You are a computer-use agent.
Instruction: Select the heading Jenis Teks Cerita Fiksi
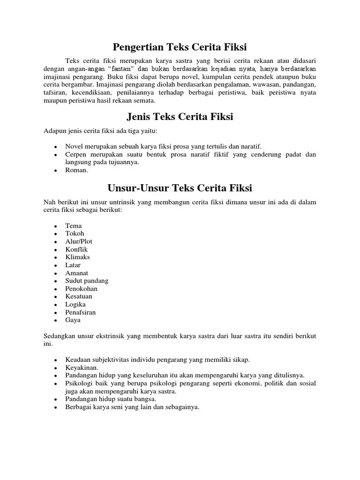pyautogui.click(x=180, y=117)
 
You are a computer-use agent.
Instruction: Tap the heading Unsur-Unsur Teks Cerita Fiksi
pyautogui.click(x=180, y=188)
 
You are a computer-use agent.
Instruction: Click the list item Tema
pyautogui.click(x=74, y=225)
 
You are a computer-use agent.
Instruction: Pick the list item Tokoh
pyautogui.click(x=75, y=233)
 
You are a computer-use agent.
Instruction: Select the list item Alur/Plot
pyautogui.click(x=79, y=241)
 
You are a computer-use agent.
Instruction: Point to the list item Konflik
pyautogui.click(x=77, y=249)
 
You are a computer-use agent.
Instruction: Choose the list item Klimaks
pyautogui.click(x=78, y=257)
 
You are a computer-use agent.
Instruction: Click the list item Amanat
pyautogui.click(x=77, y=273)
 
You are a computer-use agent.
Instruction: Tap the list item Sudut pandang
pyautogui.click(x=87, y=281)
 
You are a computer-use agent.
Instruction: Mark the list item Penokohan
pyautogui.click(x=82, y=289)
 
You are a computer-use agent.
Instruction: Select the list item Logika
pyautogui.click(x=75, y=304)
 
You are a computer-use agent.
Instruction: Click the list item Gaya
pyautogui.click(x=73, y=320)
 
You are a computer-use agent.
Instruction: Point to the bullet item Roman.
pyautogui.click(x=76, y=170)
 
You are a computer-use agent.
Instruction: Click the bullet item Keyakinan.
pyautogui.click(x=82, y=367)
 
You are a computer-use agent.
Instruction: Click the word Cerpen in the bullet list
pyautogui.click(x=76, y=154)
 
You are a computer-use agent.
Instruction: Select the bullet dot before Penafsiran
pyautogui.click(x=55, y=313)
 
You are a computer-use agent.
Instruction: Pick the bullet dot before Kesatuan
pyautogui.click(x=55, y=297)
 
